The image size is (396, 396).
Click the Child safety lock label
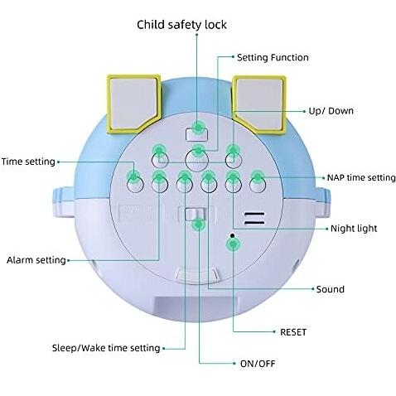coord(181,25)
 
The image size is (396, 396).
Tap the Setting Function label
coord(273,57)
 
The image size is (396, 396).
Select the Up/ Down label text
coord(331,111)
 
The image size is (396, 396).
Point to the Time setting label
coord(28,162)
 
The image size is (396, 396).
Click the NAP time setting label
coord(361,177)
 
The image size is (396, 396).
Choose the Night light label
coord(354,229)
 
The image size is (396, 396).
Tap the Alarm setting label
coord(36,260)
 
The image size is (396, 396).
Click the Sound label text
coord(331,289)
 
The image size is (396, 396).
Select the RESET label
coord(293,332)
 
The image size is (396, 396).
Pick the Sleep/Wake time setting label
coord(106,348)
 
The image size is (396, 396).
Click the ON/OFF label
coord(258,364)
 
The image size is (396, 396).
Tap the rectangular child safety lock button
coord(196,134)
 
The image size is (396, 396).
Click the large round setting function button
coord(196,161)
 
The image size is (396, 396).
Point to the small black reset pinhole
coord(233,235)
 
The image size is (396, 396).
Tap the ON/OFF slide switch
coord(196,215)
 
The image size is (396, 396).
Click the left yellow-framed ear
coord(134,104)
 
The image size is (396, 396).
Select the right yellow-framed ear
coord(259,104)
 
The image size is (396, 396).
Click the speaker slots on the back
coord(254,219)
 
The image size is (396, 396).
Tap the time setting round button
coord(135,185)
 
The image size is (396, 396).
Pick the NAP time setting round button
coord(258,185)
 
